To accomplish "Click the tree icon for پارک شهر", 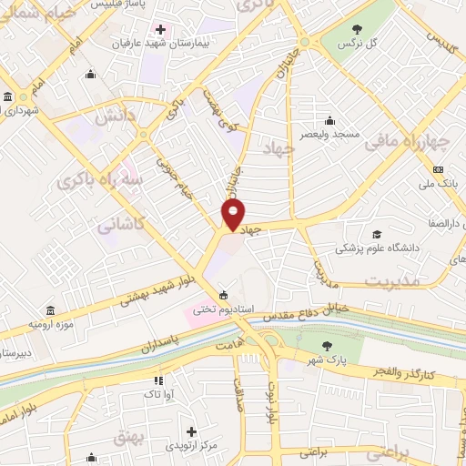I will click(327, 345).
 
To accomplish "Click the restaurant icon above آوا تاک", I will click(157, 380).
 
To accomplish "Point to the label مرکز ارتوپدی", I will click(190, 445).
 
